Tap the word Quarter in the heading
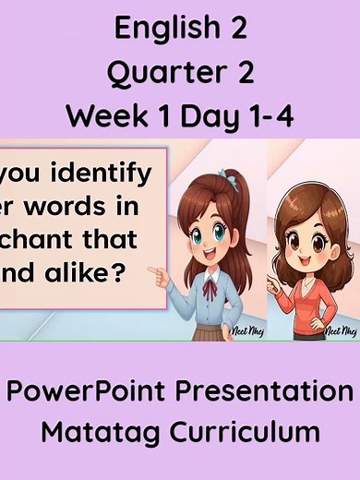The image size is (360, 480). pyautogui.click(x=153, y=73)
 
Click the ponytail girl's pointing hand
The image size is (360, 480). pyautogui.click(x=158, y=274)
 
